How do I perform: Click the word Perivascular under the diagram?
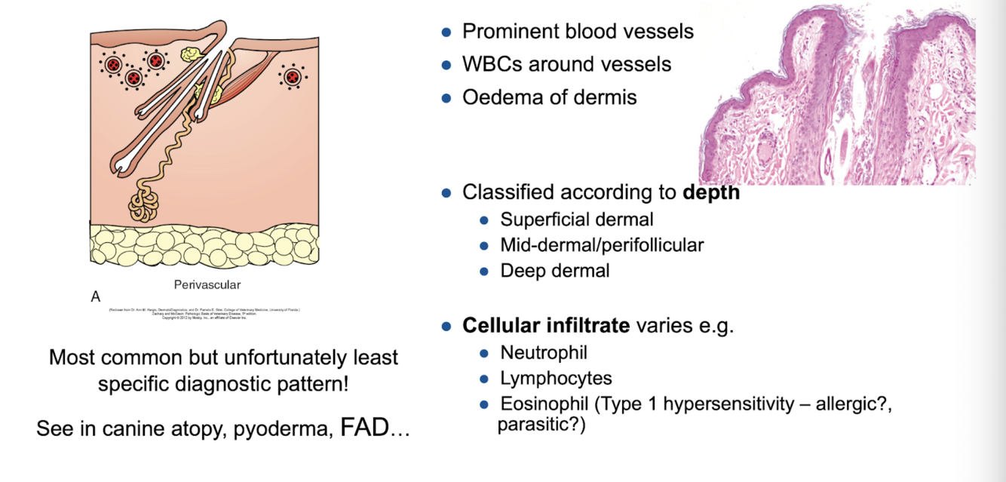pos(206,285)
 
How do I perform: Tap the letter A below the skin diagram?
pos(96,297)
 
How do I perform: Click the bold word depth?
pos(711,192)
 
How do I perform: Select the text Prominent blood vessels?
pos(578,31)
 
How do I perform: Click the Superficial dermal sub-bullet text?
pos(577,220)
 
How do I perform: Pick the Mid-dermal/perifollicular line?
pos(602,245)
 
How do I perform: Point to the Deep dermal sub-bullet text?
pos(555,270)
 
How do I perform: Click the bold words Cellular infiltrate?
pos(546,327)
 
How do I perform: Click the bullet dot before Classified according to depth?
pos(446,192)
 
